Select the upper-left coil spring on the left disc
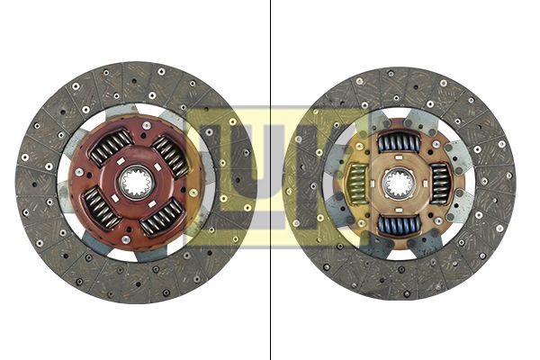click(x=111, y=147)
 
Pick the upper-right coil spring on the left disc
click(x=170, y=154)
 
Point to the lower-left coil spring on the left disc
click(x=101, y=208)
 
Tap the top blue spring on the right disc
click(x=396, y=142)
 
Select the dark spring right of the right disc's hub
click(x=439, y=184)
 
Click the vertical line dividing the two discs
click(x=271, y=180)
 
